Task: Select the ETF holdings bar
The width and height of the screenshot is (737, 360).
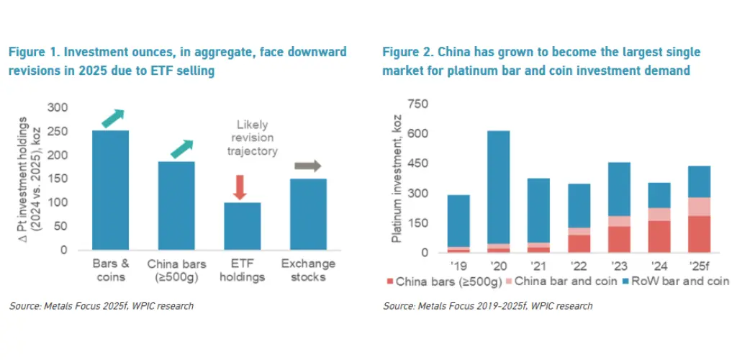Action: (x=242, y=226)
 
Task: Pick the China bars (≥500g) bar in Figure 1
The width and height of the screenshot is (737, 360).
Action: (x=176, y=205)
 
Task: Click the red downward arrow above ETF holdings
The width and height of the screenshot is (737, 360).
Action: (x=240, y=186)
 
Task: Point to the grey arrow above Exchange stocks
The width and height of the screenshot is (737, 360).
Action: (x=308, y=166)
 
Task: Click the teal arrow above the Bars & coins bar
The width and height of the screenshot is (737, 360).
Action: (x=113, y=117)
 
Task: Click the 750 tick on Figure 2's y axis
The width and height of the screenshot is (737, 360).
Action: (x=417, y=104)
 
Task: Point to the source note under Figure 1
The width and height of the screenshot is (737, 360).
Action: (x=101, y=306)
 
